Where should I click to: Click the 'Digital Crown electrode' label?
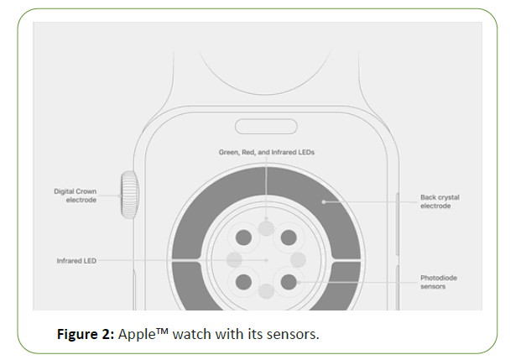pyautogui.click(x=76, y=196)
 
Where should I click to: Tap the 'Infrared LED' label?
pyautogui.click(x=76, y=261)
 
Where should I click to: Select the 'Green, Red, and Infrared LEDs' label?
pyautogui.click(x=266, y=152)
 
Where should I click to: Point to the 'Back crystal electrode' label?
pyautogui.click(x=440, y=201)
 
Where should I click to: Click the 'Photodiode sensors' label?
pyautogui.click(x=438, y=282)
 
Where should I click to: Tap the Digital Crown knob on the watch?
pyautogui.click(x=129, y=195)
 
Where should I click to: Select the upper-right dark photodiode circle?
pyautogui.click(x=289, y=237)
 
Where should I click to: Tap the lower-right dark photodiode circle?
pyautogui.click(x=289, y=281)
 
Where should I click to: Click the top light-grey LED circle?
pyautogui.click(x=266, y=227)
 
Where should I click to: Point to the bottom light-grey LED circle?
pyautogui.click(x=266, y=291)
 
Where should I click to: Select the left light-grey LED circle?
pyautogui.click(x=235, y=259)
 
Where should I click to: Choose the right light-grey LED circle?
pyautogui.click(x=298, y=259)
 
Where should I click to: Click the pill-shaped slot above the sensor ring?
pyautogui.click(x=266, y=128)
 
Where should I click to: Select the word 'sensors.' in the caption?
pyautogui.click(x=293, y=334)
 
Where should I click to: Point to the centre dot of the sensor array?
pyautogui.click(x=266, y=260)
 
